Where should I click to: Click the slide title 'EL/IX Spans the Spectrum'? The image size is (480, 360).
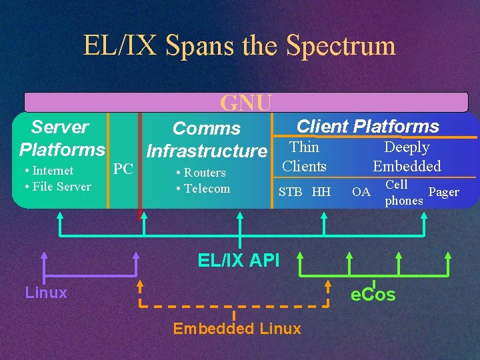(239, 45)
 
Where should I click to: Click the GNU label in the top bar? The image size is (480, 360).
(246, 103)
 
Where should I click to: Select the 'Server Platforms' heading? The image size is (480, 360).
(61, 137)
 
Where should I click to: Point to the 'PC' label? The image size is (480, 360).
(123, 169)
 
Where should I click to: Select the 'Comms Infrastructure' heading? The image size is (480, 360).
(207, 139)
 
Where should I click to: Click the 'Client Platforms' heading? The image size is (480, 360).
(367, 126)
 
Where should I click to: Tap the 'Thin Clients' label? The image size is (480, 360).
(304, 157)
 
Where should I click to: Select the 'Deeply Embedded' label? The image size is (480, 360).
(407, 157)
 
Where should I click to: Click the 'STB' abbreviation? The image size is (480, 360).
(290, 193)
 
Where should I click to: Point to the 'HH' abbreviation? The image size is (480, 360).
(321, 193)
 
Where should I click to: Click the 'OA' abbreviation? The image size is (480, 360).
(361, 193)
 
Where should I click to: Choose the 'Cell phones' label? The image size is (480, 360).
(403, 193)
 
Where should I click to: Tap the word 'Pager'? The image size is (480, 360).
(443, 193)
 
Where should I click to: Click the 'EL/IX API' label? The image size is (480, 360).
(239, 260)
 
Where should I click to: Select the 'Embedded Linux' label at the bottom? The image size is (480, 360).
(237, 328)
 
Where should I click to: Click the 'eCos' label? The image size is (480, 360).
(373, 295)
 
